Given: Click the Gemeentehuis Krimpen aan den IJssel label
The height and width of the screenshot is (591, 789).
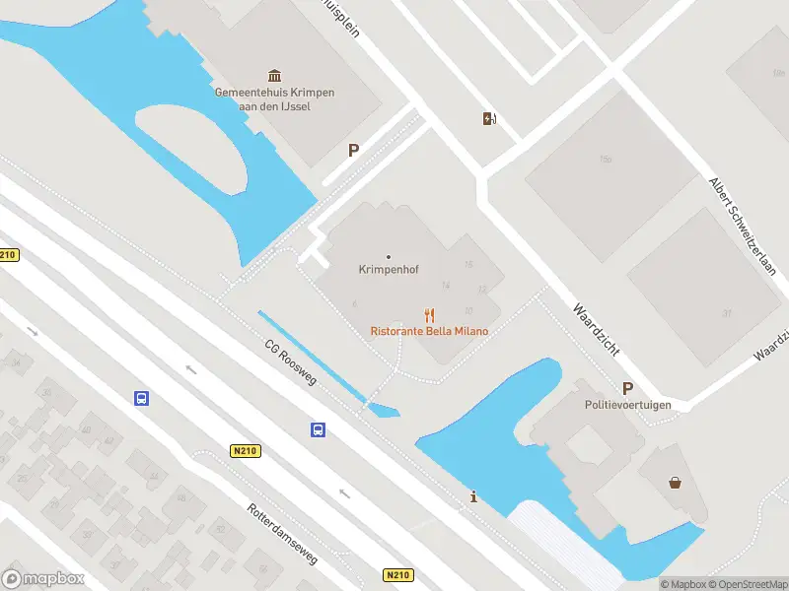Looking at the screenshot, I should (274, 98).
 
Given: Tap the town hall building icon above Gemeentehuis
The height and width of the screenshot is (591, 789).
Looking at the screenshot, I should (274, 76).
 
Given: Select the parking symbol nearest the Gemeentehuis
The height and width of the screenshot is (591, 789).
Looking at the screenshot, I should (353, 151).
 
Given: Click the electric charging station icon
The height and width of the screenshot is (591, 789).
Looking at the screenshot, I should (489, 119).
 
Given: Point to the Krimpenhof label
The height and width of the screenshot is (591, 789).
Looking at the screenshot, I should (387, 269).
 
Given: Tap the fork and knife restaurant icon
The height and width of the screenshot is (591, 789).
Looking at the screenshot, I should (429, 316).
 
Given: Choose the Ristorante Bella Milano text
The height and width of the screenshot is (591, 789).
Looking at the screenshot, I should (429, 331).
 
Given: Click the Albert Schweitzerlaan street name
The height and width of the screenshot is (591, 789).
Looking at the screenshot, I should (743, 226).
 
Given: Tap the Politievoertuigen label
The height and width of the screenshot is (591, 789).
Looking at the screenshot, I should (627, 405).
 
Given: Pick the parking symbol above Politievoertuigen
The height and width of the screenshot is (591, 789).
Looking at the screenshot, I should (627, 388).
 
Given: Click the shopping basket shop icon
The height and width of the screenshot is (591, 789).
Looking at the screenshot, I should (676, 483).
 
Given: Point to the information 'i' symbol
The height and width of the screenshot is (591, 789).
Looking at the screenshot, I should (474, 497).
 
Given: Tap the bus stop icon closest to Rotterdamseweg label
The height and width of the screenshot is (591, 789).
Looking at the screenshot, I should (319, 429).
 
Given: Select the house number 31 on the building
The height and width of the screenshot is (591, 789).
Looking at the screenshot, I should (727, 313).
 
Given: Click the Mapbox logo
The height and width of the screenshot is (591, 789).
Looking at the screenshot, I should (43, 579).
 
